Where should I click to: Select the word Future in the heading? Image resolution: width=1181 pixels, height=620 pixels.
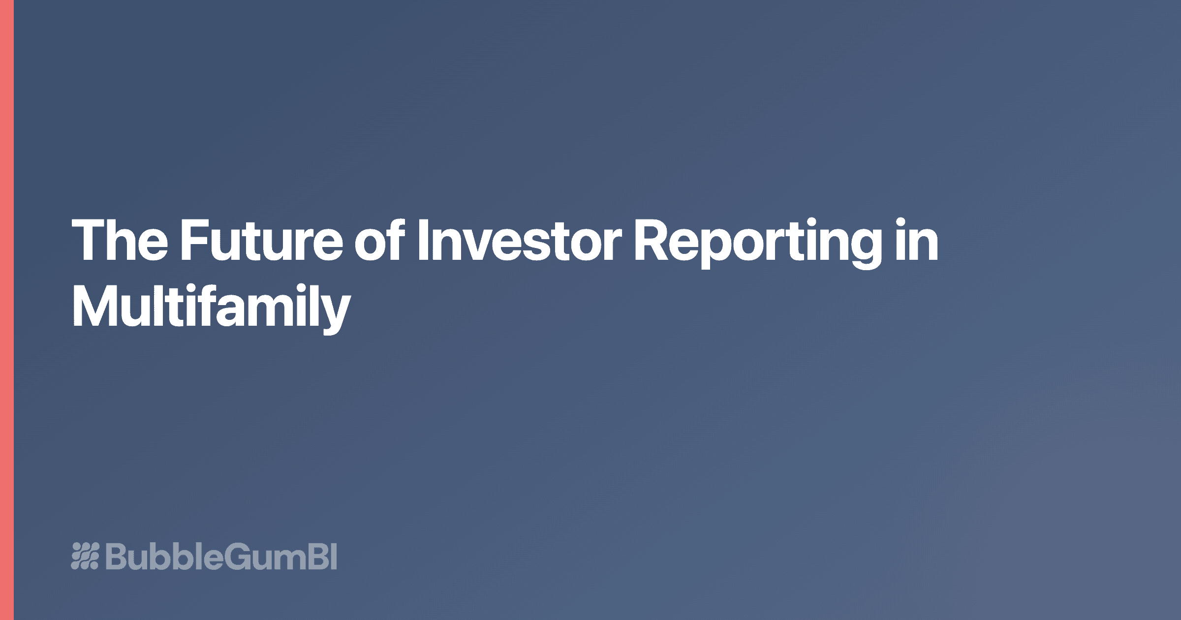[261, 241]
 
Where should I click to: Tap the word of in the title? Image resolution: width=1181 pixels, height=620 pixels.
[379, 241]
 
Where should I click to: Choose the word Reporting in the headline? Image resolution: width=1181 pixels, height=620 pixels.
[758, 241]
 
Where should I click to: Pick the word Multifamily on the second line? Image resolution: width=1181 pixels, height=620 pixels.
[211, 307]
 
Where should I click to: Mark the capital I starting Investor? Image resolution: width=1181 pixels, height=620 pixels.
[422, 241]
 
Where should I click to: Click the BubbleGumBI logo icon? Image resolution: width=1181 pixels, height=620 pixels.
[85, 556]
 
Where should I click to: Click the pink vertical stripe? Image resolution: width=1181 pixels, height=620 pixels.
[6, 310]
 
